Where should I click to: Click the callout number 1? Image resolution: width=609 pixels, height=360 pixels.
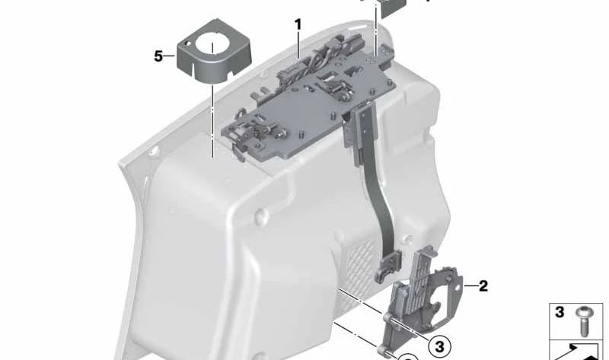[298, 24]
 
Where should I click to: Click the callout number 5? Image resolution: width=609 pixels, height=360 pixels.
[158, 56]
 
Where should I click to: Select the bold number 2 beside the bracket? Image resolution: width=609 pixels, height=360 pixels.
[483, 286]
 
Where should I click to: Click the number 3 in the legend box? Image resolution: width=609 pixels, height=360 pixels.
[559, 312]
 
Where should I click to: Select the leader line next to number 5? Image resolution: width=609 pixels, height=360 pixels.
[171, 56]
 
